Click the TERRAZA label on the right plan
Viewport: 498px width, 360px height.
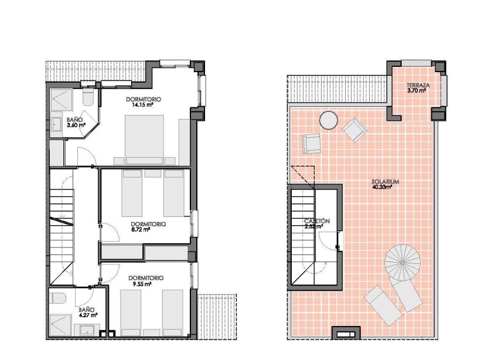coord(419,86)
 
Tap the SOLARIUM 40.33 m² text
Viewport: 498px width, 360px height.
coord(386,184)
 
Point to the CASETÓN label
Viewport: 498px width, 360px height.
coord(317,221)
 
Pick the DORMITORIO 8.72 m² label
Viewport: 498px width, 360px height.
coord(148,227)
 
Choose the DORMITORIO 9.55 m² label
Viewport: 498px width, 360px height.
coord(146,280)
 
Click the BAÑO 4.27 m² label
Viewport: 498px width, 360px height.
coord(88,312)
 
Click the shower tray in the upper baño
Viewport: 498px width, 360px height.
coord(62,100)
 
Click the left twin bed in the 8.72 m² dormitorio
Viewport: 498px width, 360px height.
coord(132,193)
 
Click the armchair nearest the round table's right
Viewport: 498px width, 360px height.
coord(354,130)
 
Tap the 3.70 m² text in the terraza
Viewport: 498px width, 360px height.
coord(419,91)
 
